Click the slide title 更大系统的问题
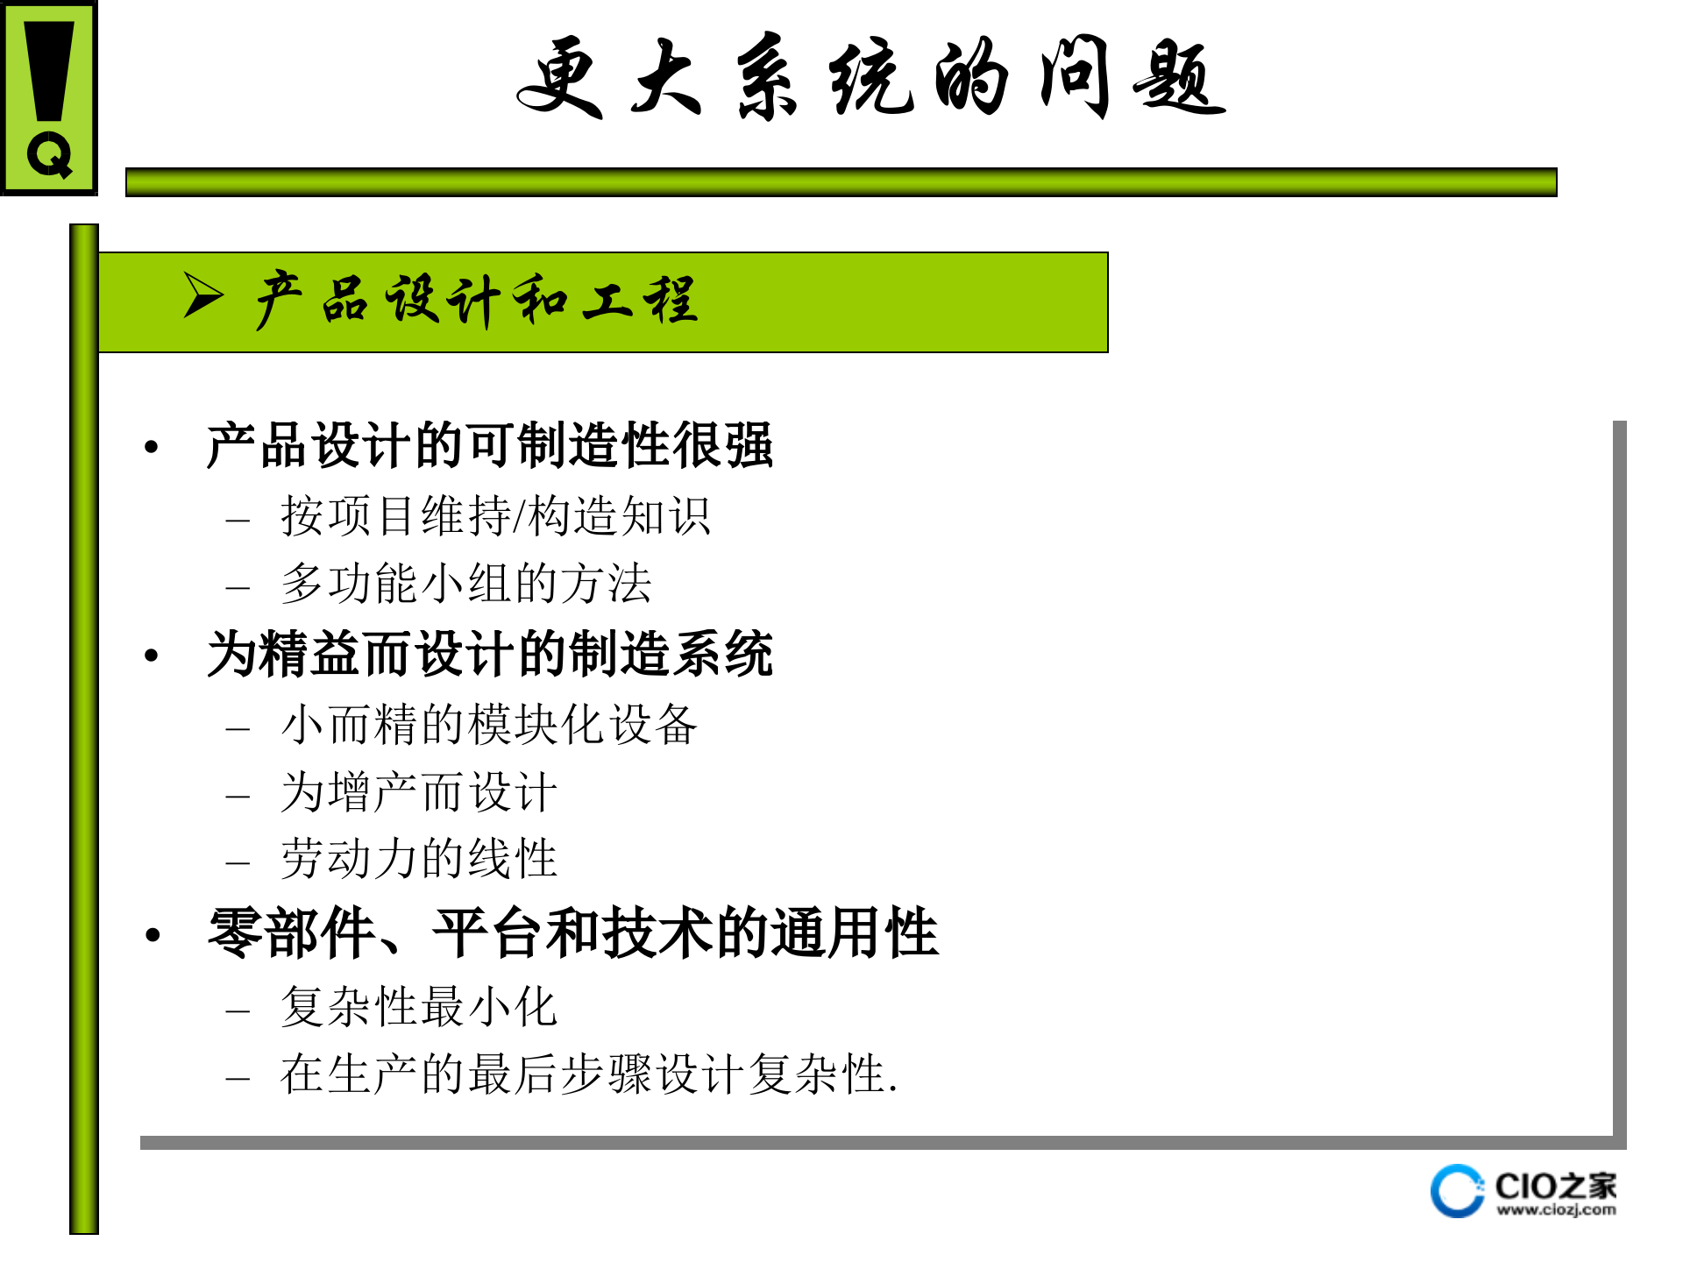[x=870, y=77]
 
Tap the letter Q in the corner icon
[x=49, y=156]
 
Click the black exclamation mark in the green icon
[x=49, y=70]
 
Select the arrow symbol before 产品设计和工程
[x=203, y=294]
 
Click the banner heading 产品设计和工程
[x=477, y=300]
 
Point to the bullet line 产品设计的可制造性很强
[x=489, y=445]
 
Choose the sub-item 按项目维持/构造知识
[x=495, y=515]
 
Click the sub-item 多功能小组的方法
[x=466, y=584]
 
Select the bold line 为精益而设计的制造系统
[x=489, y=654]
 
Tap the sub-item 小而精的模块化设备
[x=489, y=725]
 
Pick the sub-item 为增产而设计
[x=419, y=792]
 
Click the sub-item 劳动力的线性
[x=419, y=859]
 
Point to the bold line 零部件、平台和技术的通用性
[x=573, y=932]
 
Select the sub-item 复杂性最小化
[x=419, y=1006]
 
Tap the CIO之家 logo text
[x=1555, y=1187]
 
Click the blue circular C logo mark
[x=1457, y=1191]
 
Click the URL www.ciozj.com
[x=1556, y=1210]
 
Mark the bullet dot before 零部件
[x=153, y=935]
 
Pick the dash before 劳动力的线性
[x=238, y=862]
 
